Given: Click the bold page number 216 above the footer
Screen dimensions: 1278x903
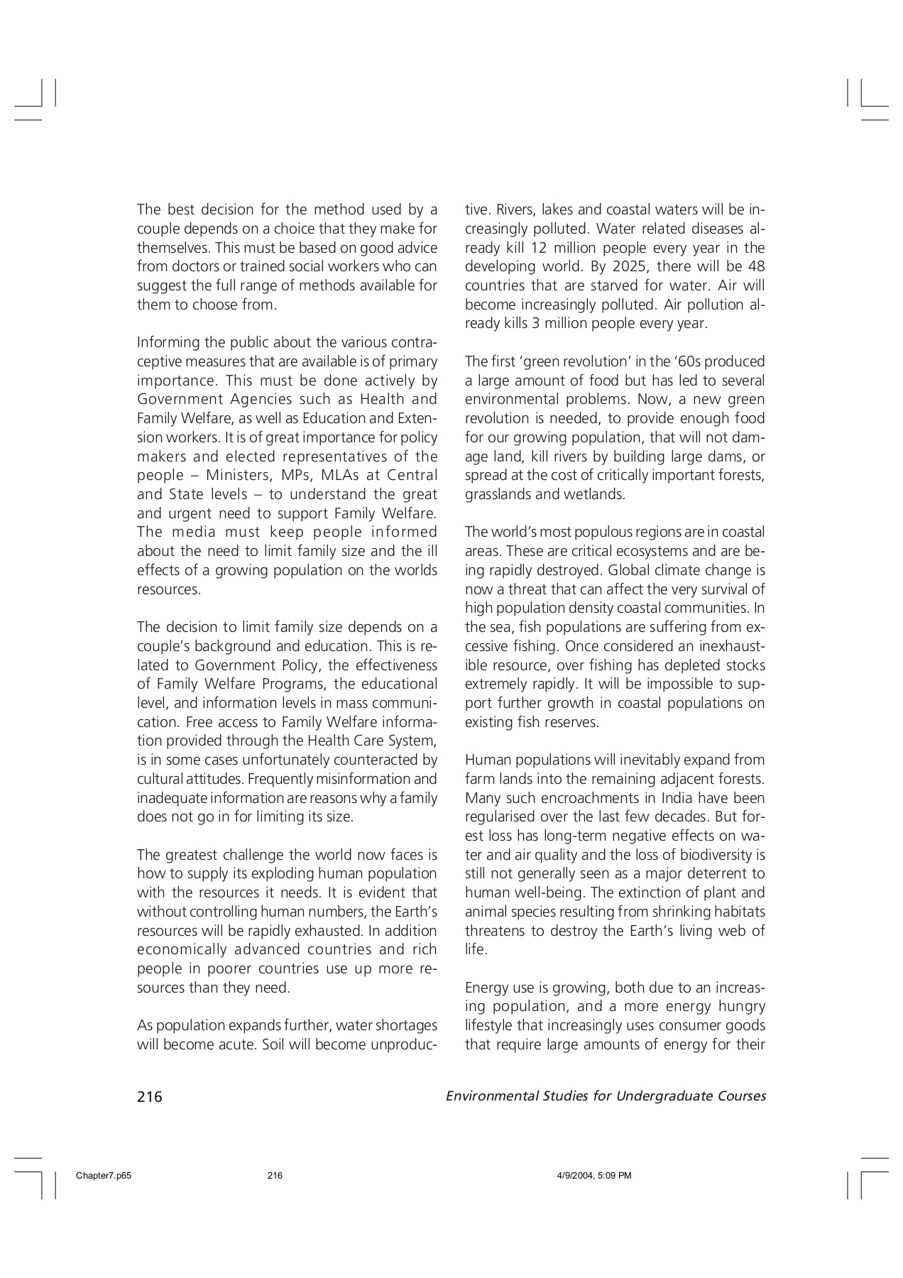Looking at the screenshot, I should [150, 1097].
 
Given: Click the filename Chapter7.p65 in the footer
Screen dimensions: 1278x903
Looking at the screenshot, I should [104, 1176].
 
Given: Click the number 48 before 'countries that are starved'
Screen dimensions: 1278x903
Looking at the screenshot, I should [756, 267].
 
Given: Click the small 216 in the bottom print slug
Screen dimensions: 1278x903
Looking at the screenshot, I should [275, 1176].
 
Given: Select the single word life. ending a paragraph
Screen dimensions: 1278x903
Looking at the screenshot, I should [476, 950].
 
